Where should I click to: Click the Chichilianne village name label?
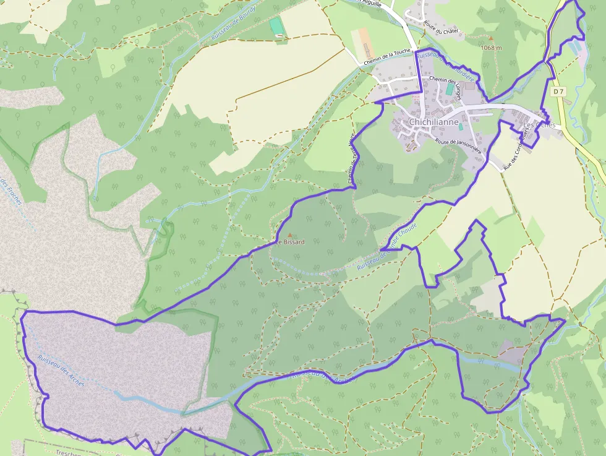click(x=434, y=123)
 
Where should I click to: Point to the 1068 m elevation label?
click(x=491, y=47)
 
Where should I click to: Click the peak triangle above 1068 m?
click(x=491, y=38)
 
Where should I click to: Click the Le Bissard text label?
click(x=291, y=242)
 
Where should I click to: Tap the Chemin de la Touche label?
click(x=388, y=58)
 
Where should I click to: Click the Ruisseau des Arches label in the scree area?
click(x=60, y=369)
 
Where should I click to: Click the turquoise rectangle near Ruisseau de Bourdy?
click(x=275, y=27)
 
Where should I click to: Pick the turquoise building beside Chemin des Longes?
click(x=450, y=90)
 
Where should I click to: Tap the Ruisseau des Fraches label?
click(x=11, y=195)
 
